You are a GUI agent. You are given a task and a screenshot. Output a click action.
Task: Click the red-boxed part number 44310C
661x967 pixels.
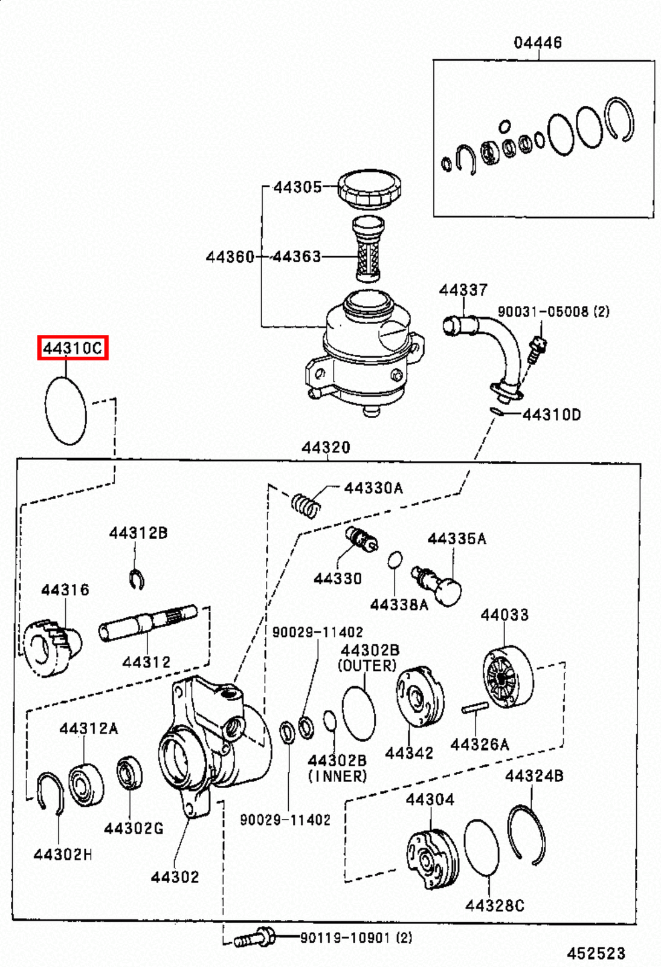pyautogui.click(x=73, y=348)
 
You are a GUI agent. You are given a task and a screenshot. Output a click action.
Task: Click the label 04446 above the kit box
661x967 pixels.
pyautogui.click(x=537, y=42)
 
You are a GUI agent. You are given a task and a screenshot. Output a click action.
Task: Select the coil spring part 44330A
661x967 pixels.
pyautogui.click(x=305, y=505)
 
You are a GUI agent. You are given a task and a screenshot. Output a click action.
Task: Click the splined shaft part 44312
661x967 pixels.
pyautogui.click(x=147, y=623)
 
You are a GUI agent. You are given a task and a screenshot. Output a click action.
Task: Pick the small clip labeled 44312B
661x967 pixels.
pyautogui.click(x=137, y=579)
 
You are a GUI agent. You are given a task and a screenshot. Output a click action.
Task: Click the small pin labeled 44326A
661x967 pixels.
pyautogui.click(x=474, y=708)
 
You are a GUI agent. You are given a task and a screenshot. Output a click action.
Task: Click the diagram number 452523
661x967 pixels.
pyautogui.click(x=595, y=953)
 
